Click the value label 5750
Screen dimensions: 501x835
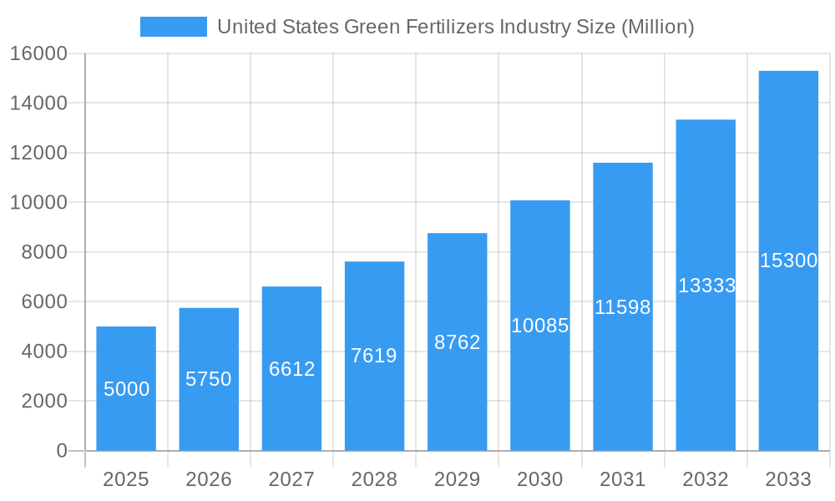pos(209,379)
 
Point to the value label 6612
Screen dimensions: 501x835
pos(291,369)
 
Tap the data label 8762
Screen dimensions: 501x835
pos(457,342)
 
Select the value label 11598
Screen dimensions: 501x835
pos(622,307)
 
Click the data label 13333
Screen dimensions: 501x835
pos(706,286)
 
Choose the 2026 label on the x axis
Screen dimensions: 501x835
pos(209,479)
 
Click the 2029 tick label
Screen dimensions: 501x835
pos(457,479)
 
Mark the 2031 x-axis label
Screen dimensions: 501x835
pos(622,479)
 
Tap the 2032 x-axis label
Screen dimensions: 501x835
pos(706,479)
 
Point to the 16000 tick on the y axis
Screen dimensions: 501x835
pos(38,53)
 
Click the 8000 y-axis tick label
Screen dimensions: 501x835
pos(43,252)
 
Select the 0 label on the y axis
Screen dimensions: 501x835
pos(61,451)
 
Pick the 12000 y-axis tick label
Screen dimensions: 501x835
pos(38,153)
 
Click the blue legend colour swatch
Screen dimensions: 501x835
pos(173,27)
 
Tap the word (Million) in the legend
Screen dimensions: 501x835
pos(656,27)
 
